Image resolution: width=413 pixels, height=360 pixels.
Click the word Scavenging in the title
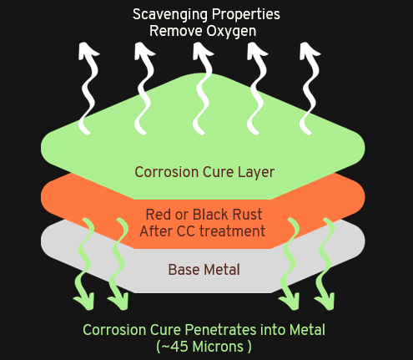tap(169, 15)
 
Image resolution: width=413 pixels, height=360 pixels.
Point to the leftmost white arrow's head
tap(87, 51)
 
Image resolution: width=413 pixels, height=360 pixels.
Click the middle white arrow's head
tap(202, 51)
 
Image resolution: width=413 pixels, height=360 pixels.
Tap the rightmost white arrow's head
tap(309, 51)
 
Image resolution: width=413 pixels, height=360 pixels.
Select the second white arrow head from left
tap(144, 51)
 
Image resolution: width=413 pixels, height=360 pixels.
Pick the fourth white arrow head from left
tap(256, 51)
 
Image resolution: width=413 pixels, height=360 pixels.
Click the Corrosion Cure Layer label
tap(204, 172)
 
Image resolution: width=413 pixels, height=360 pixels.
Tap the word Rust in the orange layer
tap(247, 215)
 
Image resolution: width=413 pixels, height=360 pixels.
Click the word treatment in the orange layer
tap(232, 231)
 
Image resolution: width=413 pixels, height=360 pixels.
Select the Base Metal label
tap(204, 270)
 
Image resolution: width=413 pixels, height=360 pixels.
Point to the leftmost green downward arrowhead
tap(85, 302)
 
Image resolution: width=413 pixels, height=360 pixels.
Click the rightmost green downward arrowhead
tap(325, 302)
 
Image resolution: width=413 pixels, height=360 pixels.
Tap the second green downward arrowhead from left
tap(119, 302)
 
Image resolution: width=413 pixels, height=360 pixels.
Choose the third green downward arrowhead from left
tap(290, 302)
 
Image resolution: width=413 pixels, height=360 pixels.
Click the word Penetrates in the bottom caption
tap(220, 330)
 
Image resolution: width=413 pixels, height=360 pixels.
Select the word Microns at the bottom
tap(218, 347)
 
